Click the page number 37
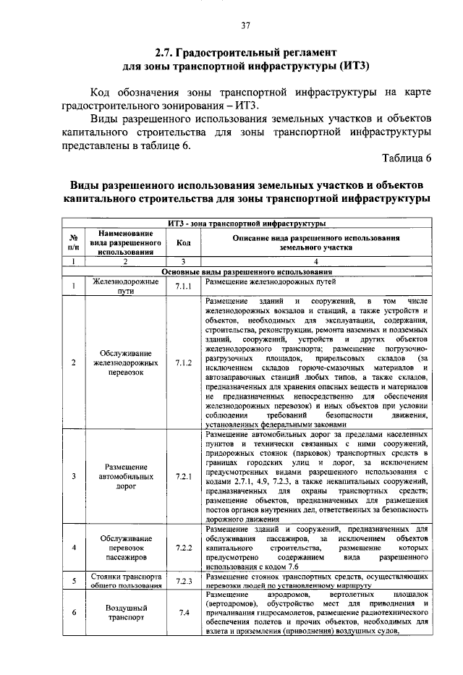coord(245,26)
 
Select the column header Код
coord(183,243)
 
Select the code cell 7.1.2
coord(183,362)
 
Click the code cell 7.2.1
coord(183,477)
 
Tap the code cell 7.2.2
coord(183,548)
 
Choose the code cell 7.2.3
coord(183,581)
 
